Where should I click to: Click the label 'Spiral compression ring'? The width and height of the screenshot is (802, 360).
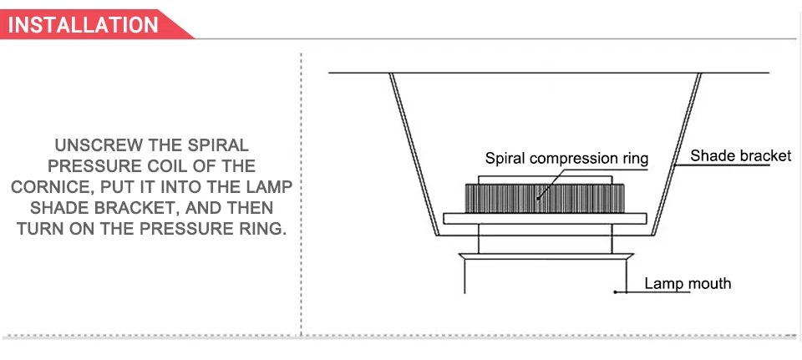point(566,158)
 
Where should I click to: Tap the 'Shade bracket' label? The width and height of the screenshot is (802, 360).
point(741,155)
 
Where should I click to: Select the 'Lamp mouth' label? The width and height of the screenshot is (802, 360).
point(688,283)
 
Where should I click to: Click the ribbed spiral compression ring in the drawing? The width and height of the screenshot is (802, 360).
point(545,199)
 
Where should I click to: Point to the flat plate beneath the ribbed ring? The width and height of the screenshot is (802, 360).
point(545,218)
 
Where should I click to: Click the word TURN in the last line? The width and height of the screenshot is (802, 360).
point(42,229)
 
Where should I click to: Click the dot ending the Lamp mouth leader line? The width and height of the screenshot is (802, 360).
point(616,292)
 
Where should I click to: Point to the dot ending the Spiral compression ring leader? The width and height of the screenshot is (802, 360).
point(537,198)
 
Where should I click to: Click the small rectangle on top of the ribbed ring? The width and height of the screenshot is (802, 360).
point(545,180)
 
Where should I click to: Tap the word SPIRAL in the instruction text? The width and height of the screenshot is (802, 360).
point(218,145)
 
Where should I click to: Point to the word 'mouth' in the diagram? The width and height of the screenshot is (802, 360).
point(709,283)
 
